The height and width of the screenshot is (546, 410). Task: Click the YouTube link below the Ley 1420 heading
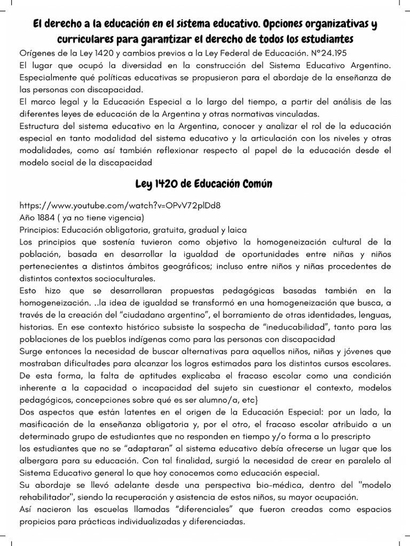click(120, 205)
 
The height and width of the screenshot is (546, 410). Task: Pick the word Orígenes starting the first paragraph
click(38, 53)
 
